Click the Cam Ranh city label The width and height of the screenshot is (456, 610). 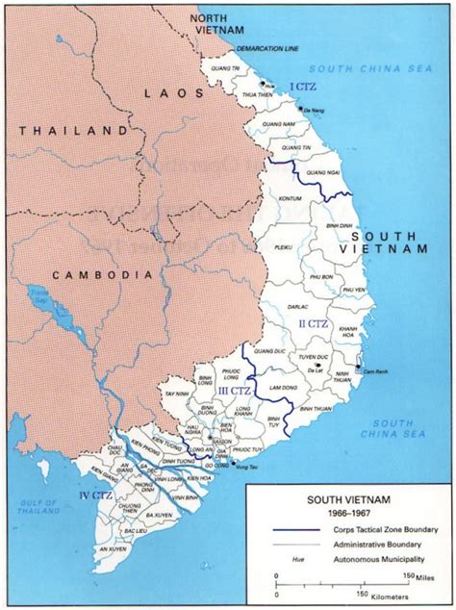[x=374, y=370]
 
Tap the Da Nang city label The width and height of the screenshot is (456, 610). [x=312, y=113]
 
